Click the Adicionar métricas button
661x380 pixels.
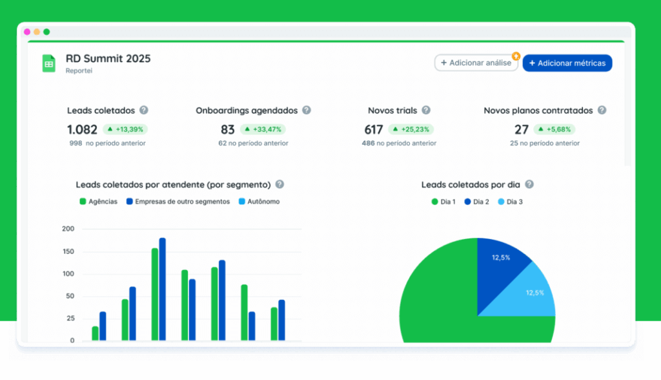pos(567,63)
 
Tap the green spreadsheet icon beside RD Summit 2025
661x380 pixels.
pos(49,63)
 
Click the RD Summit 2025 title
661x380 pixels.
pos(108,59)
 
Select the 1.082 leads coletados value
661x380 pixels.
pos(82,129)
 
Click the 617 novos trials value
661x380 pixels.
pos(373,129)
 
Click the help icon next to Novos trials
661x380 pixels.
pos(426,111)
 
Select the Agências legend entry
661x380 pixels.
pos(98,202)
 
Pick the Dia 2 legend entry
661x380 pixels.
pos(476,202)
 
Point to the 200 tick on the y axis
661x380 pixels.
pos(68,229)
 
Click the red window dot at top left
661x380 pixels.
pos(27,32)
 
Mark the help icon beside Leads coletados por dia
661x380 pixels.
pos(529,184)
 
